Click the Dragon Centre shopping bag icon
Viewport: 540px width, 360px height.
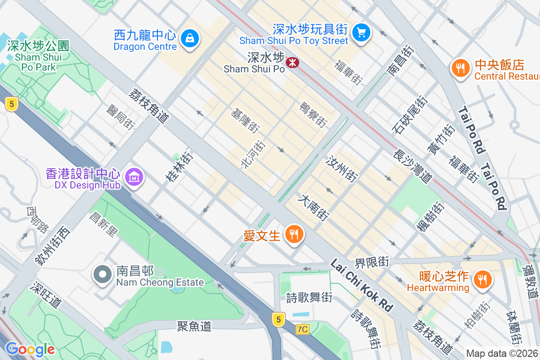pos(190,38)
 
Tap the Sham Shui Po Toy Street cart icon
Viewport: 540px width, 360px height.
pos(361,32)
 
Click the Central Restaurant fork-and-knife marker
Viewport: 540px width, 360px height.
pos(460,68)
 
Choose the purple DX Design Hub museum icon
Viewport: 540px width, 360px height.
pos(134,177)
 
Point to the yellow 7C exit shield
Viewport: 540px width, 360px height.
pos(303,329)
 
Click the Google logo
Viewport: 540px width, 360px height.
pos(30,349)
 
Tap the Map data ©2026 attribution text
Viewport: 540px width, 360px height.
pos(502,353)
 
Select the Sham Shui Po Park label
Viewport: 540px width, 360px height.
pos(38,57)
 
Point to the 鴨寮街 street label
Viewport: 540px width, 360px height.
pos(313,114)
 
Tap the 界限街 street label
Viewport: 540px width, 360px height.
pos(372,261)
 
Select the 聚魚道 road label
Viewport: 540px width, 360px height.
pos(194,326)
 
